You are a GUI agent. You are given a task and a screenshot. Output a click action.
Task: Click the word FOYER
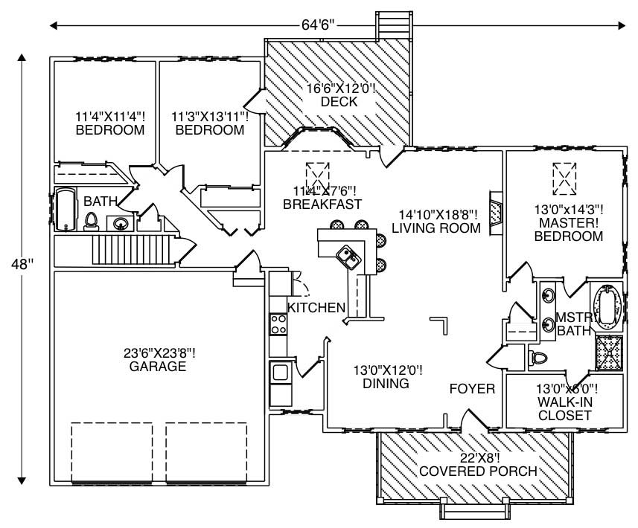[x=472, y=389]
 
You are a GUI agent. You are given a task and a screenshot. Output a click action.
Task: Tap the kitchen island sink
[x=348, y=257]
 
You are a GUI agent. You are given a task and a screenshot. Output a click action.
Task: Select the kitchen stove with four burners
[x=278, y=324]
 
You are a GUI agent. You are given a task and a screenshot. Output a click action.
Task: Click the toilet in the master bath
[x=538, y=358]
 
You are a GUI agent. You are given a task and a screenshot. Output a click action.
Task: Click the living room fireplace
[x=495, y=213]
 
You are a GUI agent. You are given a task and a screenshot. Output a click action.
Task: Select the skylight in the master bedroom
[x=564, y=177]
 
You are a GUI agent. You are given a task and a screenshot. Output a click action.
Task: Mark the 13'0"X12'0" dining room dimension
[x=387, y=370]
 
